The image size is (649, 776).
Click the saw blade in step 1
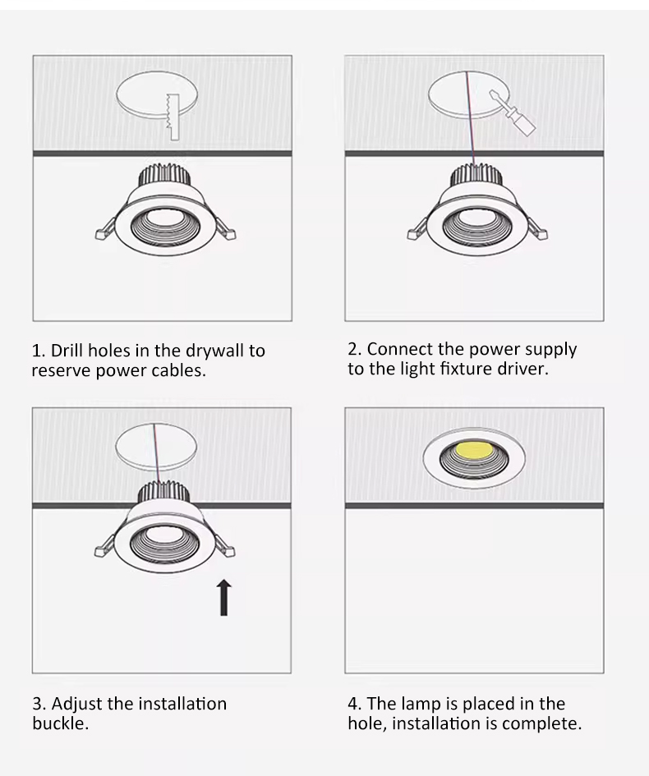click(x=173, y=117)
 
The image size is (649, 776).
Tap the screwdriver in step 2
click(x=513, y=112)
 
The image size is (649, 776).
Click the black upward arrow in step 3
click(x=224, y=597)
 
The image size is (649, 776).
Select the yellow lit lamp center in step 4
click(x=474, y=450)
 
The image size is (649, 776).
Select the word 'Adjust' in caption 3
click(x=76, y=705)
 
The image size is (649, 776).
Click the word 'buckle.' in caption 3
click(x=61, y=723)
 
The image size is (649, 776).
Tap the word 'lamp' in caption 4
click(x=421, y=705)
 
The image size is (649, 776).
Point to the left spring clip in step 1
click(x=106, y=230)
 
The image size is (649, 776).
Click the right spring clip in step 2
click(x=537, y=229)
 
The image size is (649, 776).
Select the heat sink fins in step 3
click(x=163, y=491)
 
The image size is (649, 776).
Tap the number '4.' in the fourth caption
click(x=354, y=704)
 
